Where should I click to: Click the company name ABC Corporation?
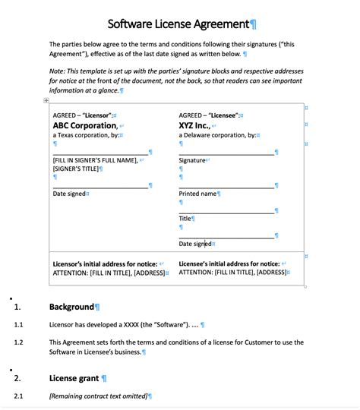[x=84, y=125]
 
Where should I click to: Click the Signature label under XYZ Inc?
[x=192, y=160]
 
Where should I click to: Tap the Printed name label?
[x=197, y=194]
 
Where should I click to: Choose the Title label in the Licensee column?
[x=185, y=219]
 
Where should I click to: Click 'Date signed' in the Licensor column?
[x=69, y=194]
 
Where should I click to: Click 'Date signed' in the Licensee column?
[x=195, y=244]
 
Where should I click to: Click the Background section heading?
[x=72, y=307]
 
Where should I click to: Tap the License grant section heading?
[x=74, y=377]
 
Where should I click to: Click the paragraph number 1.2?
[x=19, y=342]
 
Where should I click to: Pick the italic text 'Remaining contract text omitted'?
[x=97, y=396]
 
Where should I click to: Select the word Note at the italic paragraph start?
[x=58, y=70]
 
